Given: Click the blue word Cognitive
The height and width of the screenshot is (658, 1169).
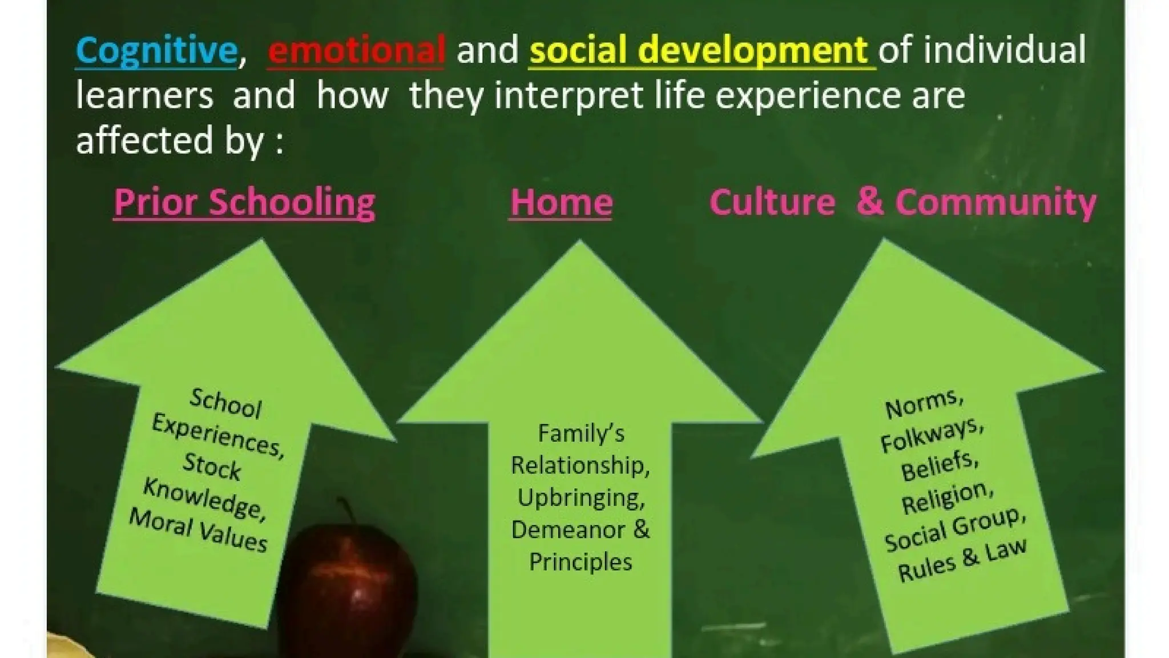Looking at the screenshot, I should (156, 50).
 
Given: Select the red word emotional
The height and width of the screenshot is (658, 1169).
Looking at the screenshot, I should (356, 50).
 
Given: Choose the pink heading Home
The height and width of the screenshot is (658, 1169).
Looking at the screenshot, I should (561, 202).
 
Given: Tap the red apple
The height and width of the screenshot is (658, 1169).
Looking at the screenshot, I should (347, 588).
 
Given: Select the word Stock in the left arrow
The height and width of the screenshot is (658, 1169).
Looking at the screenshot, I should (212, 466).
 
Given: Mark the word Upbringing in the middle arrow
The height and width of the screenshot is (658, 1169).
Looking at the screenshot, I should (581, 498).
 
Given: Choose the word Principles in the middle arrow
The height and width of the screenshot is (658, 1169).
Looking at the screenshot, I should (581, 562).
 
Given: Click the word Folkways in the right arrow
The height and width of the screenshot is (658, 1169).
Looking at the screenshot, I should (931, 435).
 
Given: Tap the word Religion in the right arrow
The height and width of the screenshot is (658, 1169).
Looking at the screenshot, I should (947, 497).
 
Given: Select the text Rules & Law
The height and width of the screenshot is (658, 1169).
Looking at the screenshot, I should (962, 561).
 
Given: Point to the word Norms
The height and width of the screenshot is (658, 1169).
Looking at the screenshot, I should (924, 404).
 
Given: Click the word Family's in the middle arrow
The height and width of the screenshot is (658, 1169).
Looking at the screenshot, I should (581, 434).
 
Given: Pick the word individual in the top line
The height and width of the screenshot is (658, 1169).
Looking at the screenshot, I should (1005, 50).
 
